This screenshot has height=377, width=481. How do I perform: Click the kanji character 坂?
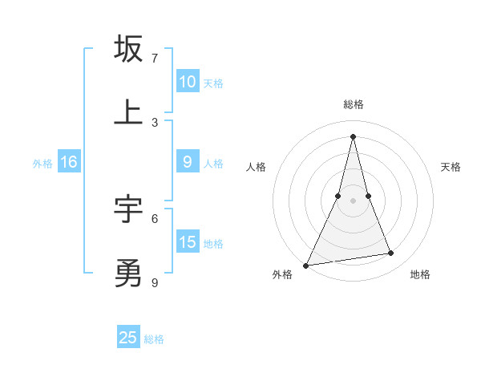[x=128, y=49]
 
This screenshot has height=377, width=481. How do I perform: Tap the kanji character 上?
[x=128, y=112]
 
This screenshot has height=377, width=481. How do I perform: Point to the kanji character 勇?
[x=128, y=273]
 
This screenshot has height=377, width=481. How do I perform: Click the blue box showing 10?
[x=188, y=81]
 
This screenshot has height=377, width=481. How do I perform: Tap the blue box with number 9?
[x=188, y=161]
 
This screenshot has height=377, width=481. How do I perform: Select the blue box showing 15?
[x=188, y=242]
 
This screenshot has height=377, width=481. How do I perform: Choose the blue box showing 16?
[x=69, y=162]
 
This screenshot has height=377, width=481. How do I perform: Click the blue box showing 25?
[x=128, y=338]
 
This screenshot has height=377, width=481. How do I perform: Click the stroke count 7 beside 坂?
[x=155, y=58]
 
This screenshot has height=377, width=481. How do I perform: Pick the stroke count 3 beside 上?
[x=155, y=122]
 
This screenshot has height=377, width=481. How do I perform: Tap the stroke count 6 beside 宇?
[x=155, y=218]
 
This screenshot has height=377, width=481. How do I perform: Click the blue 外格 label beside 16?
[x=42, y=163]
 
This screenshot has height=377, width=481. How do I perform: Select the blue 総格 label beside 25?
[x=154, y=338]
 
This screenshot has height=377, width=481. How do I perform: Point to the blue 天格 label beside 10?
[x=213, y=83]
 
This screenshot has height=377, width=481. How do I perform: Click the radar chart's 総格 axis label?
[x=354, y=104]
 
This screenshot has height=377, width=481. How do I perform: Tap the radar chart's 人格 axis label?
[x=256, y=167]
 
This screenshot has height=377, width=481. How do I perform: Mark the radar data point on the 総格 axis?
[x=354, y=136]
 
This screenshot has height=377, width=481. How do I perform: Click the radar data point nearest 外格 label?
[x=305, y=265]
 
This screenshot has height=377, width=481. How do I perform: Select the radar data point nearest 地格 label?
[x=391, y=253]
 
